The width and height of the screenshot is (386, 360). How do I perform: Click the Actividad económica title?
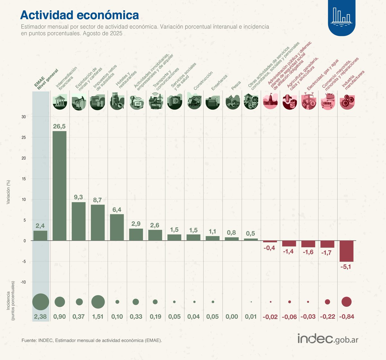(x=79, y=15)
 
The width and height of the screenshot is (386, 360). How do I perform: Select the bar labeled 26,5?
(x=60, y=186)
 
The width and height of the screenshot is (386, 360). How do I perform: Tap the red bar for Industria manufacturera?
(x=346, y=251)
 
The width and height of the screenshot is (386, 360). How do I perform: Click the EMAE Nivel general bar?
(x=40, y=235)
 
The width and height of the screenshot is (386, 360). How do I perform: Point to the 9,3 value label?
(x=78, y=197)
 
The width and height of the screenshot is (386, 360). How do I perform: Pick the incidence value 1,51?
(x=98, y=317)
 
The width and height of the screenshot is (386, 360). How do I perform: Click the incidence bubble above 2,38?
(x=41, y=302)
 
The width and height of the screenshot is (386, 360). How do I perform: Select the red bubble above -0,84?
(x=346, y=302)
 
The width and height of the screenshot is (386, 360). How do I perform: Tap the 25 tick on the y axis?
(x=23, y=137)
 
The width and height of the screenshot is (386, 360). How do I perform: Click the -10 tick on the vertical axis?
(x=23, y=282)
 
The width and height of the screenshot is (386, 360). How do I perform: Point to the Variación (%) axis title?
(x=9, y=192)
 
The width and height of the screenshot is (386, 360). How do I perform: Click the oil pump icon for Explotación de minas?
(x=79, y=102)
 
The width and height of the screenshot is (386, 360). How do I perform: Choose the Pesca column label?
(x=236, y=85)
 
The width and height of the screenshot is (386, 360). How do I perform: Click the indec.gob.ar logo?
(x=328, y=339)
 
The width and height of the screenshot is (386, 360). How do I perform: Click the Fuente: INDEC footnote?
(x=92, y=340)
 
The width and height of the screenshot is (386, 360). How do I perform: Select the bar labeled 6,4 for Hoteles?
(x=117, y=227)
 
